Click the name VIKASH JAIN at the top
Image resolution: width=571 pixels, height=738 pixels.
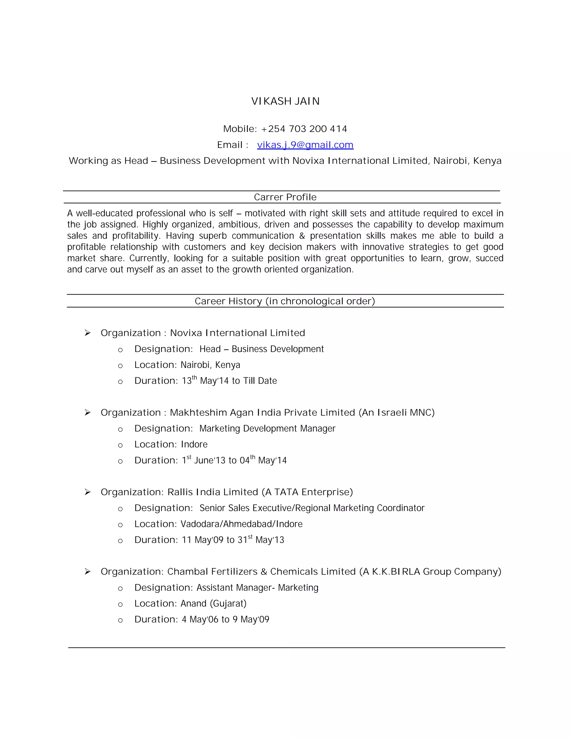coord(285,101)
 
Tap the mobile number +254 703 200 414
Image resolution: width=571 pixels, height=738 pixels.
coord(304,129)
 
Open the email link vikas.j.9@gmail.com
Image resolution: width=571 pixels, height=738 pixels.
coord(305,145)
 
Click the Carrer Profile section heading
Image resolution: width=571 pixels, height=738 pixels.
coord(285,197)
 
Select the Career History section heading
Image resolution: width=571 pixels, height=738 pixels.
coord(285,301)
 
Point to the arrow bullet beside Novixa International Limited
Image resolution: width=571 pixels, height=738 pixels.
coord(88,333)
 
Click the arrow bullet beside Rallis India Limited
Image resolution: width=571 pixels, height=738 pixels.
coord(88,492)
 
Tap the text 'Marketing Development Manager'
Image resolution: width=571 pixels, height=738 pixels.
coord(267,429)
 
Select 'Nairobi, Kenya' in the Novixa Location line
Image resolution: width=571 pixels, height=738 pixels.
coord(211,365)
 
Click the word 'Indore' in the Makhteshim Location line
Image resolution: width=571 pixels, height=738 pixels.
coord(194,444)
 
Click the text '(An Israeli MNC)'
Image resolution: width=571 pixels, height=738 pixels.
coord(396,413)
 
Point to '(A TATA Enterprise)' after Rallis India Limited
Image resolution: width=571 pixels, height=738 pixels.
coord(307,492)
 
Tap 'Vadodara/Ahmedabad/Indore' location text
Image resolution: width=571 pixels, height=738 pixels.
coord(241,524)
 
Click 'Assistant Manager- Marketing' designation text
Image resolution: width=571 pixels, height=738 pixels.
coord(257,588)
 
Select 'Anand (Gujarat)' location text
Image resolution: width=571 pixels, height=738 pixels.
coord(214,603)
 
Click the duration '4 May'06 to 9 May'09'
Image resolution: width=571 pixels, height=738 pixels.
coord(226,619)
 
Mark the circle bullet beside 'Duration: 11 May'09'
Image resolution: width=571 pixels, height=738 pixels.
coord(120,541)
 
